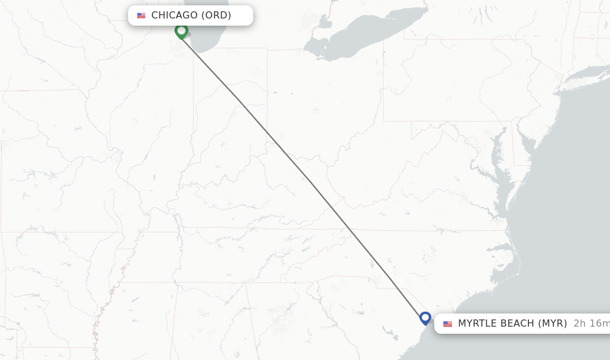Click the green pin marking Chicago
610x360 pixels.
click(x=181, y=30)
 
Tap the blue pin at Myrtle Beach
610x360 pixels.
click(x=425, y=318)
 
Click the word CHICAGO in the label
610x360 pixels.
click(x=174, y=15)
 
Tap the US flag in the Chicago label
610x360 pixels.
click(x=141, y=15)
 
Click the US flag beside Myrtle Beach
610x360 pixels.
click(x=447, y=324)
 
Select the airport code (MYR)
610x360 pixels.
click(x=552, y=324)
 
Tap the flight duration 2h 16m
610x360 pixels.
click(x=591, y=324)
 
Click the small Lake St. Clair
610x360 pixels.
click(x=325, y=23)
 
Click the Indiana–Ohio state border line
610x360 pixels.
click(x=267, y=89)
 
